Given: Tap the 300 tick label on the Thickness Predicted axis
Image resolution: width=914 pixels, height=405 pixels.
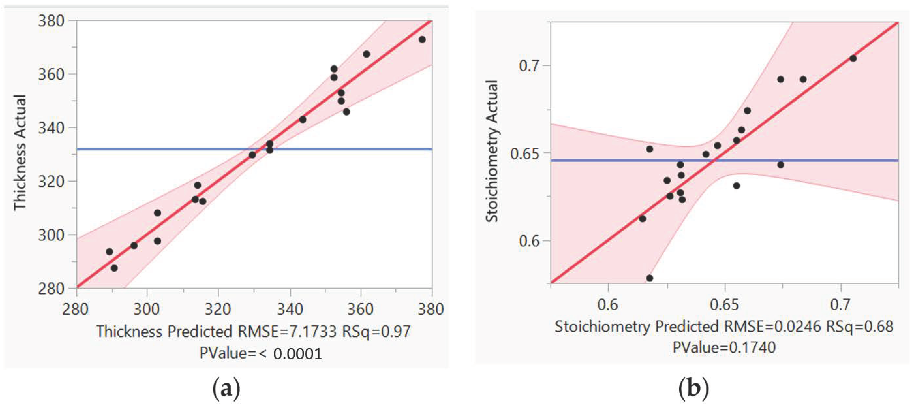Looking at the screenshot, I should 147,309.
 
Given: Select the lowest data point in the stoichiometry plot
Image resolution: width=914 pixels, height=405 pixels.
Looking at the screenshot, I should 650,278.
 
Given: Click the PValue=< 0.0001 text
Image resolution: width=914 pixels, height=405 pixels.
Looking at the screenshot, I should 261,353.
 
